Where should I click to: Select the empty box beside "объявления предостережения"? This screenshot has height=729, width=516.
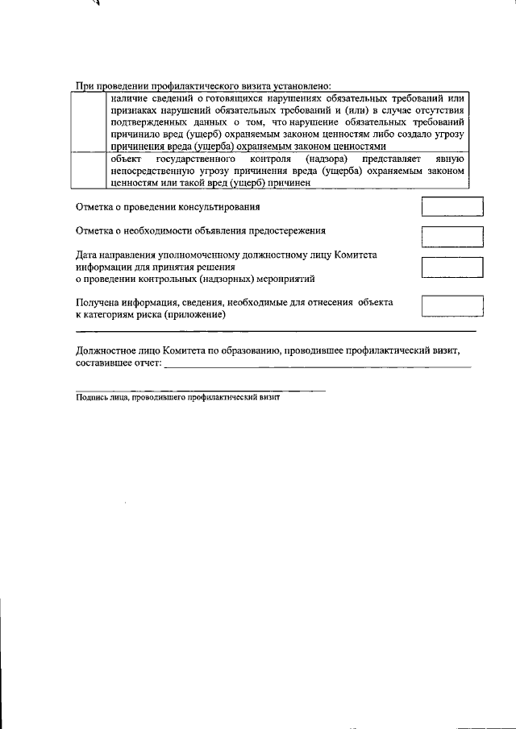pos(453,237)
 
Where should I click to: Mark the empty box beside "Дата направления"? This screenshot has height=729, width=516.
pos(453,267)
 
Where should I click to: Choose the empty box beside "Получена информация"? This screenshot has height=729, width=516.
pos(453,307)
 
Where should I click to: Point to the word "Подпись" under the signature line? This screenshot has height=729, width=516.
pos(90,397)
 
